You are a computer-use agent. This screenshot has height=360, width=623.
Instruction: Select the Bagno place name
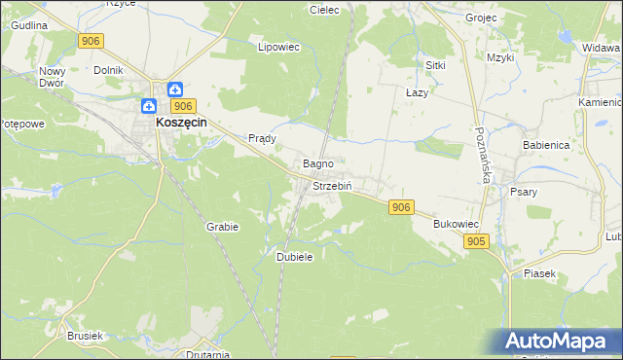coord(319,163)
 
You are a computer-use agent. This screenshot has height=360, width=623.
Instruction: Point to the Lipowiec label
coord(276,46)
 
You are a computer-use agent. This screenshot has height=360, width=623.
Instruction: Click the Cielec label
coord(323,10)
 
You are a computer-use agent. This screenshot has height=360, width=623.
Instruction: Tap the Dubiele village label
coord(294,256)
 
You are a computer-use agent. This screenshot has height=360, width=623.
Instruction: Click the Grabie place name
coord(222,226)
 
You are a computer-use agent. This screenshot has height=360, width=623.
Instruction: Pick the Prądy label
coord(263,138)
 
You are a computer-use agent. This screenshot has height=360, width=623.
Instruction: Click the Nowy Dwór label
coord(52,77)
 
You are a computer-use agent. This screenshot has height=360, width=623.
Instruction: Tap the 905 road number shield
coord(476,241)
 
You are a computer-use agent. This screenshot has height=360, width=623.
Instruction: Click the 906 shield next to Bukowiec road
coord(401,207)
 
